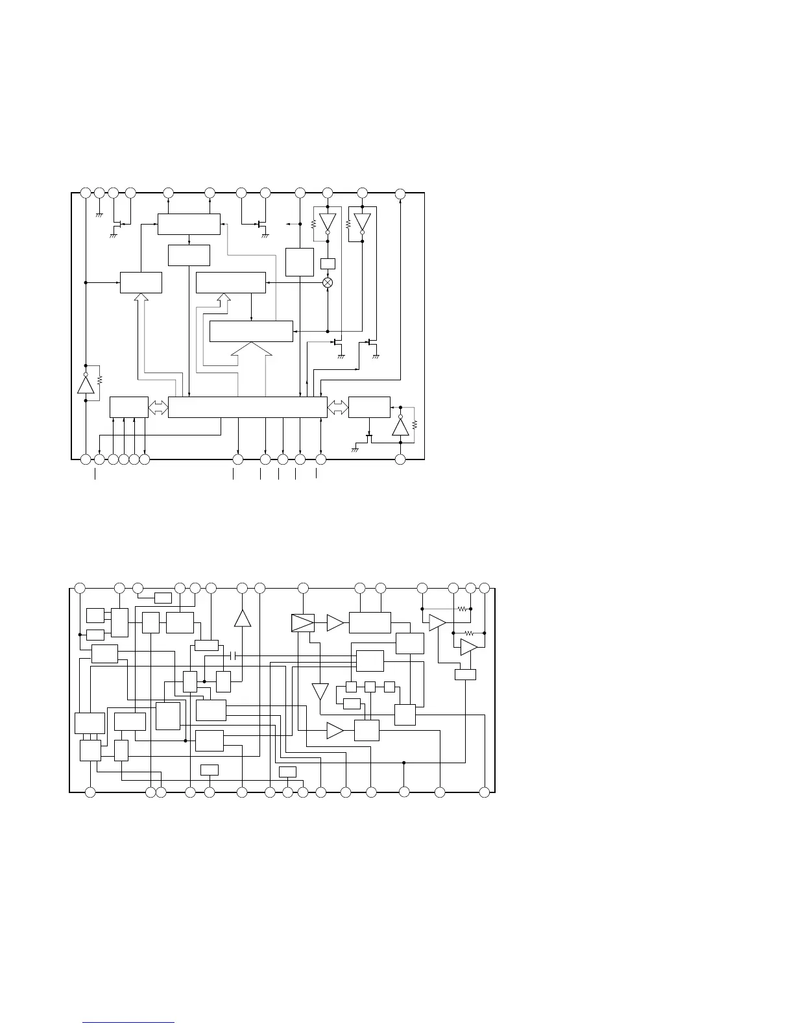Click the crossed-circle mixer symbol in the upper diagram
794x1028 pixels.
click(x=328, y=282)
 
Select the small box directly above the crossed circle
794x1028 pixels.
click(x=328, y=264)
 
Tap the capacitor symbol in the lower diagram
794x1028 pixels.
click(x=235, y=656)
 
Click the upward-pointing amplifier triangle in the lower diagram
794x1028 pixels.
click(x=243, y=618)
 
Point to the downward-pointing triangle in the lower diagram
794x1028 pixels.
click(x=320, y=691)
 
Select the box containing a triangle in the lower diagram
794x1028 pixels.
click(x=303, y=623)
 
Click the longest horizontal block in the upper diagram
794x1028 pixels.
click(x=247, y=407)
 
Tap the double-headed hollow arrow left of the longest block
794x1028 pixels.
click(x=158, y=407)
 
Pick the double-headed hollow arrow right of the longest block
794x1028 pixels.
click(x=337, y=407)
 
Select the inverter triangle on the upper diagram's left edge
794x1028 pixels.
click(x=86, y=384)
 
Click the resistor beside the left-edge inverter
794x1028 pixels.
click(x=99, y=379)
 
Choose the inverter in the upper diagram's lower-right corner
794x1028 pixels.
click(x=400, y=426)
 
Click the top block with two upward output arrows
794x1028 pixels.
click(x=189, y=224)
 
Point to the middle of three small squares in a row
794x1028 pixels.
click(x=370, y=687)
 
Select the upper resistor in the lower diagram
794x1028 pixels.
click(x=462, y=609)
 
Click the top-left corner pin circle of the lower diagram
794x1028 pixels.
click(x=80, y=588)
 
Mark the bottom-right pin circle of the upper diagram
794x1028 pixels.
click(x=400, y=459)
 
